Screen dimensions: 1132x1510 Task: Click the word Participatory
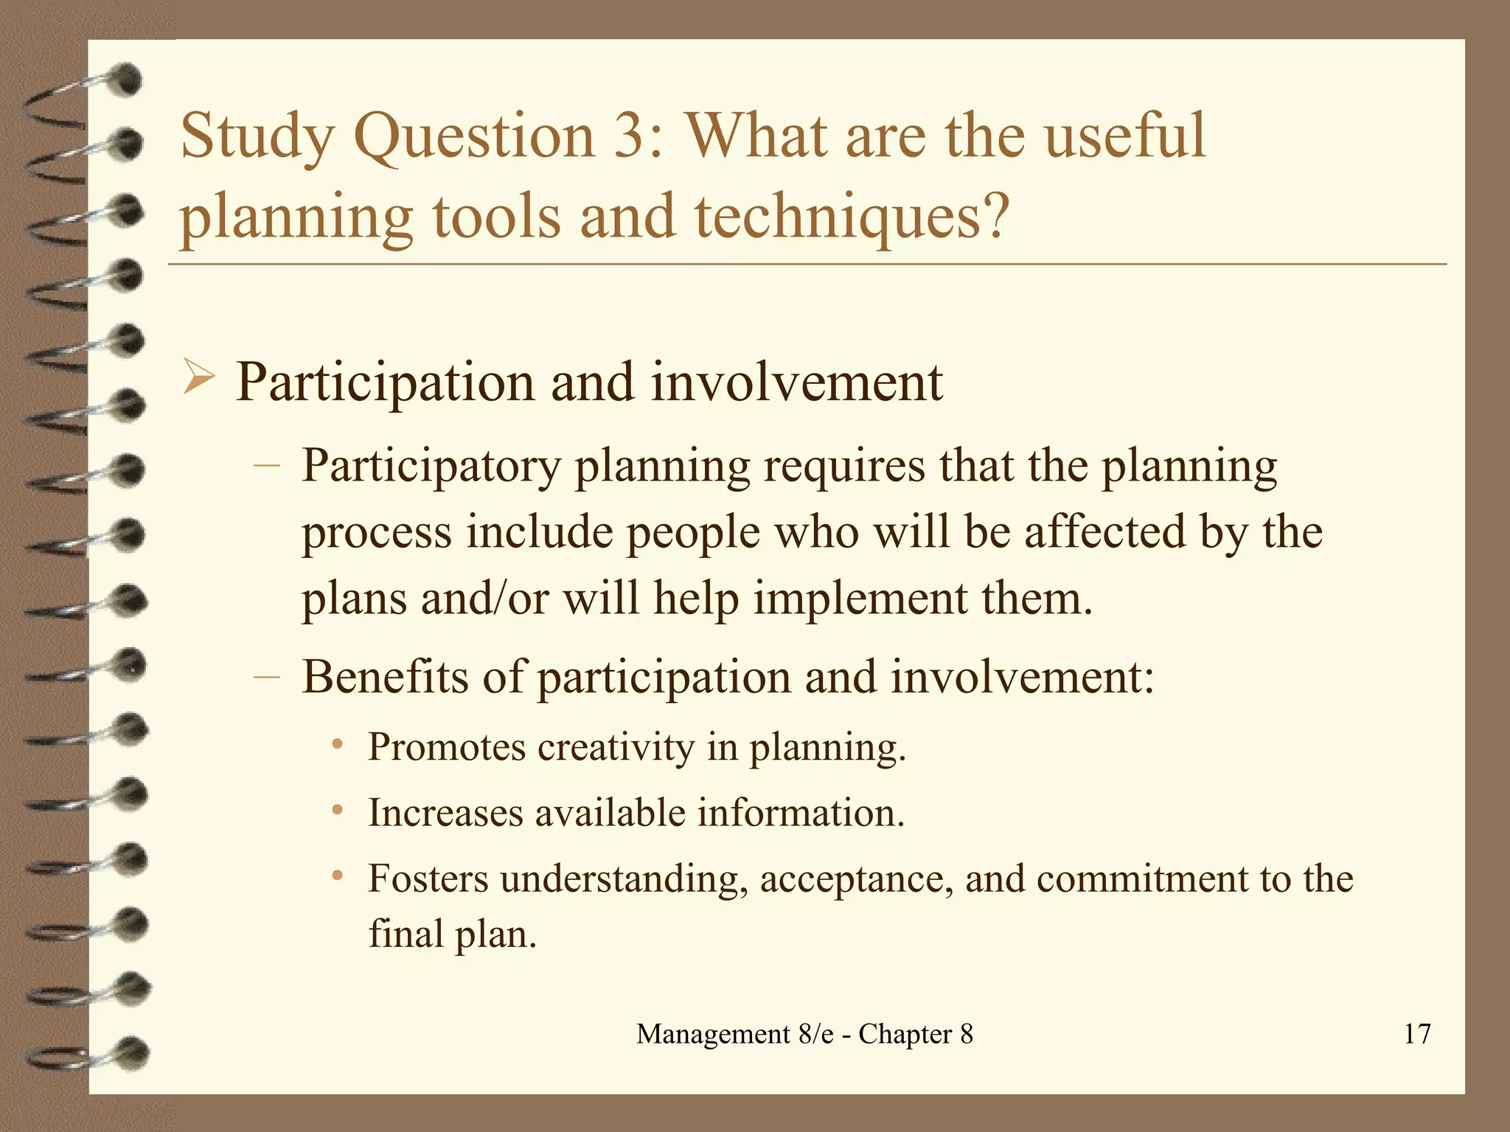pos(431,467)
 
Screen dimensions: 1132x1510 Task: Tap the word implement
pos(860,598)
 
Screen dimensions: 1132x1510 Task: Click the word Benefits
pos(384,677)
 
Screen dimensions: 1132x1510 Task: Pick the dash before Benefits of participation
pos(266,677)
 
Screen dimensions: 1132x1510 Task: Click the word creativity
pos(616,747)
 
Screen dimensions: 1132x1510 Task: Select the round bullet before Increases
pos(337,810)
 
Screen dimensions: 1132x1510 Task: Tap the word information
pos(801,813)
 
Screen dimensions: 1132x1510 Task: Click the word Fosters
pos(428,878)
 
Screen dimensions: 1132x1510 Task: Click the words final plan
pos(452,934)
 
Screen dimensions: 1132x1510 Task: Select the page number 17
pos(1416,1034)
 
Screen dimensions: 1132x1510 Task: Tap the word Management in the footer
pos(713,1035)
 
